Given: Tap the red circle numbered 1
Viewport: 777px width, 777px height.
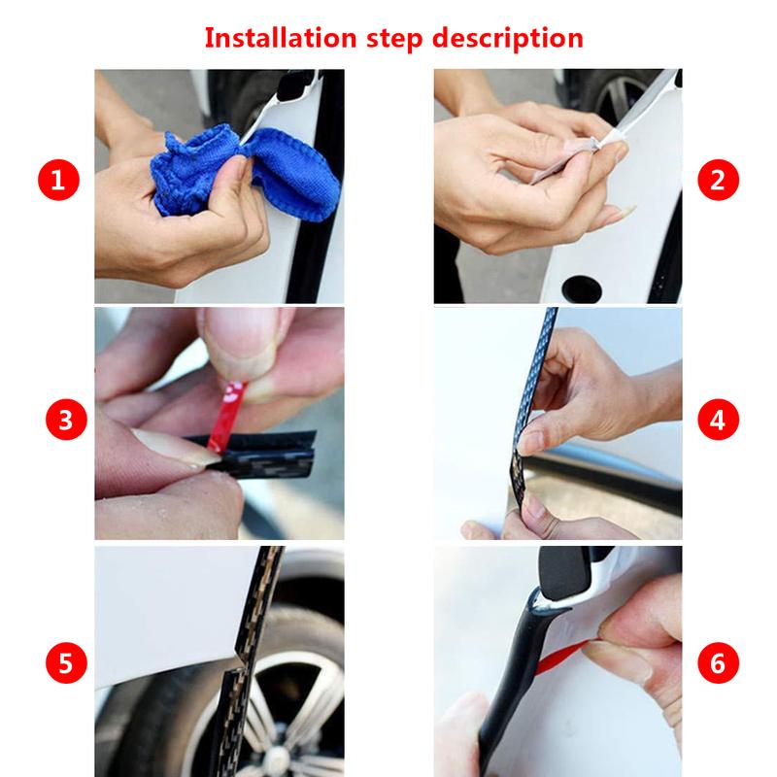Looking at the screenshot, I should tap(59, 181).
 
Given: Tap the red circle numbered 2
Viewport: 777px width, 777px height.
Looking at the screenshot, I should tap(718, 181).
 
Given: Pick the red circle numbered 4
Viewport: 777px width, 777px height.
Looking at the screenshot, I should tap(718, 420).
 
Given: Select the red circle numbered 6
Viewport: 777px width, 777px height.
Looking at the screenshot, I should tap(718, 663).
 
